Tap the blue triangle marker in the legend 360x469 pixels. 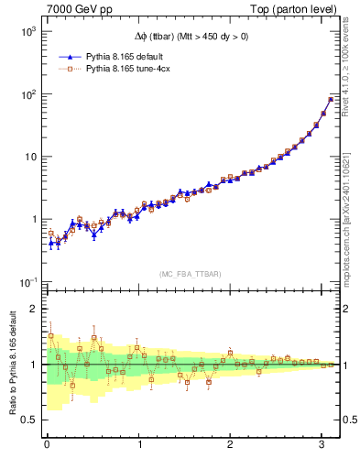point(69,56)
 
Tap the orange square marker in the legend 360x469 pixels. point(69,68)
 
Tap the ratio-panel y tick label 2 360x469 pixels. point(31,309)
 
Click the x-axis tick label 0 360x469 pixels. point(47,447)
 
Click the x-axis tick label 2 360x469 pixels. point(231,447)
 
